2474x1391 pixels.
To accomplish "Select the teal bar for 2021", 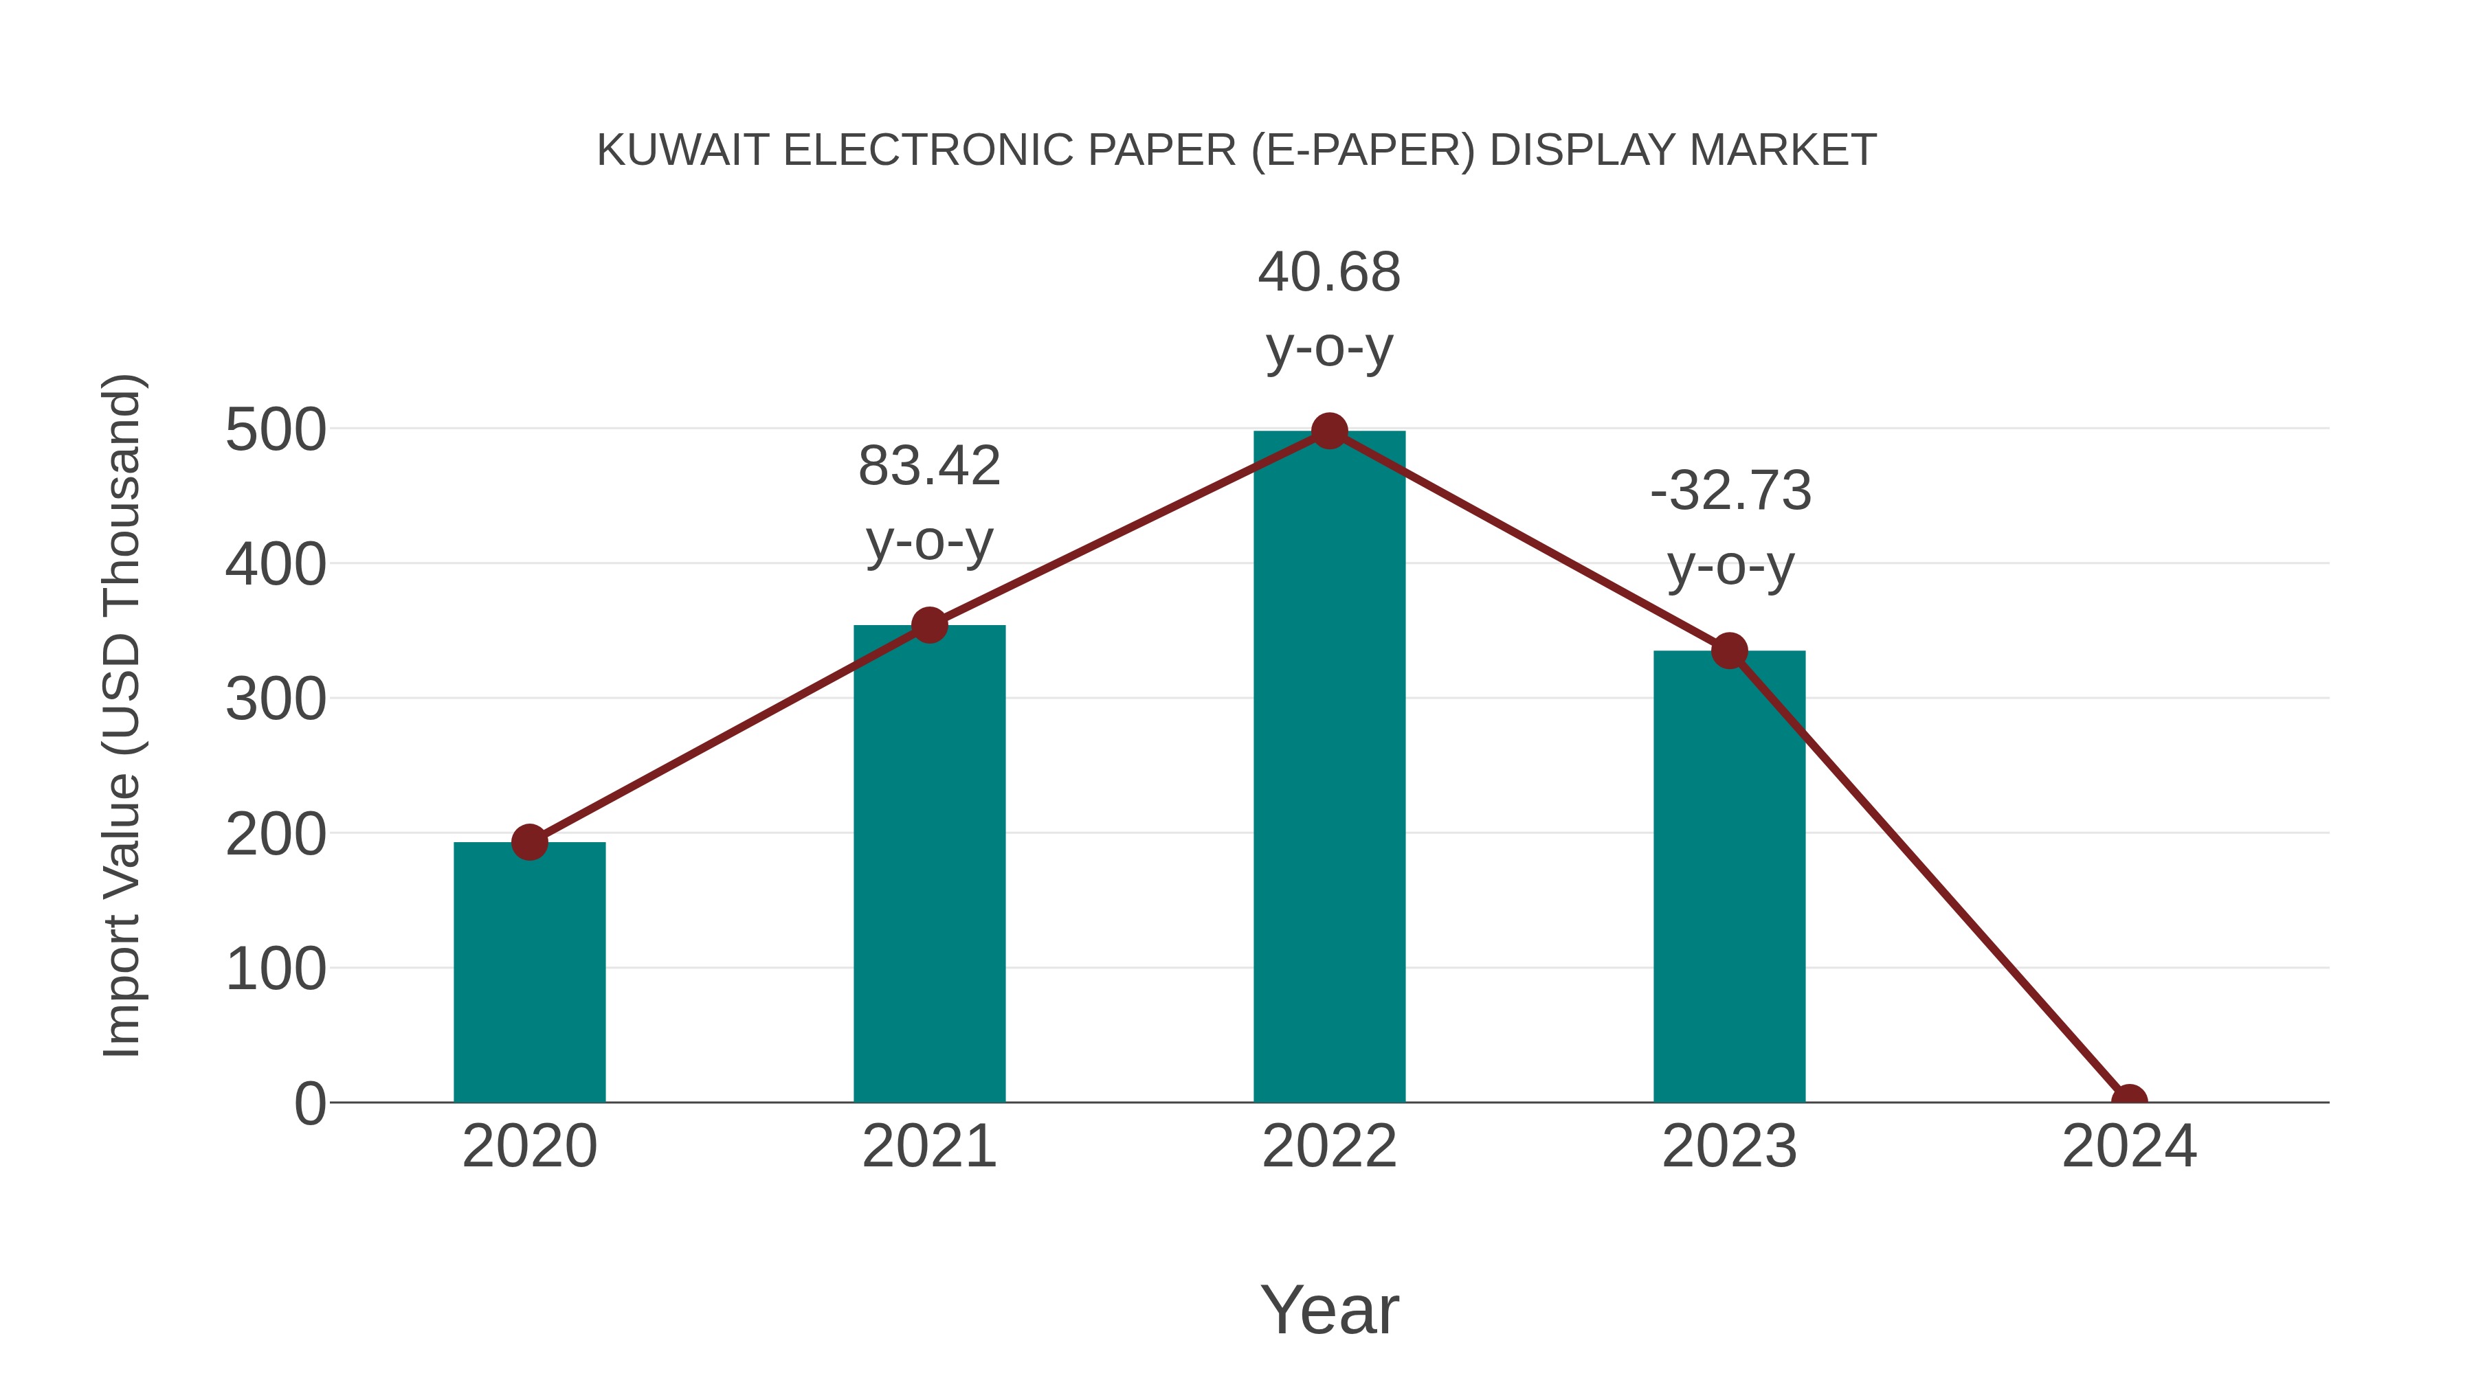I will (x=928, y=864).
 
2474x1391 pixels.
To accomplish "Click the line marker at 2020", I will (x=529, y=843).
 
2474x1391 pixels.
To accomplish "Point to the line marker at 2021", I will (x=928, y=626).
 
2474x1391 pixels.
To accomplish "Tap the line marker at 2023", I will (x=1729, y=652).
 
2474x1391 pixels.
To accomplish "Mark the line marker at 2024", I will (x=2128, y=1100).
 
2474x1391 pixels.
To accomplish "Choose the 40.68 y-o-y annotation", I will (x=1329, y=309).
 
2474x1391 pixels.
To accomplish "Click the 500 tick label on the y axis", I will (x=275, y=430).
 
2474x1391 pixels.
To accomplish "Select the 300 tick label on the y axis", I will (x=275, y=700).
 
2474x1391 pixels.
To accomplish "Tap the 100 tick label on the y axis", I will (x=275, y=969).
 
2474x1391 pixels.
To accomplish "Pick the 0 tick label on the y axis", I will (x=309, y=1104).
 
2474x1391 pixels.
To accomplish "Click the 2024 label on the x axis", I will (x=2128, y=1146).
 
